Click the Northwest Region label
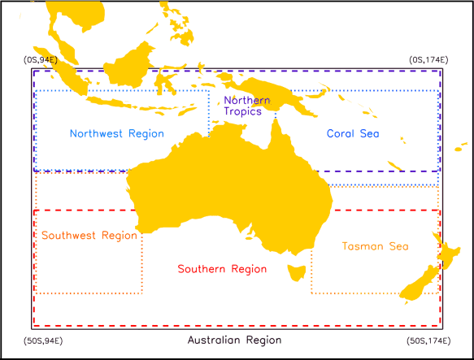point(116,133)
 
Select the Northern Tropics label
point(243,106)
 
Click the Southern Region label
point(222,269)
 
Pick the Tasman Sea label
point(375,246)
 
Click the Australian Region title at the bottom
point(234,340)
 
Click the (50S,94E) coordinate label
point(44,339)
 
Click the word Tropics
point(244,111)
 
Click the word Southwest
point(67,236)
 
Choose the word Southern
point(202,269)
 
